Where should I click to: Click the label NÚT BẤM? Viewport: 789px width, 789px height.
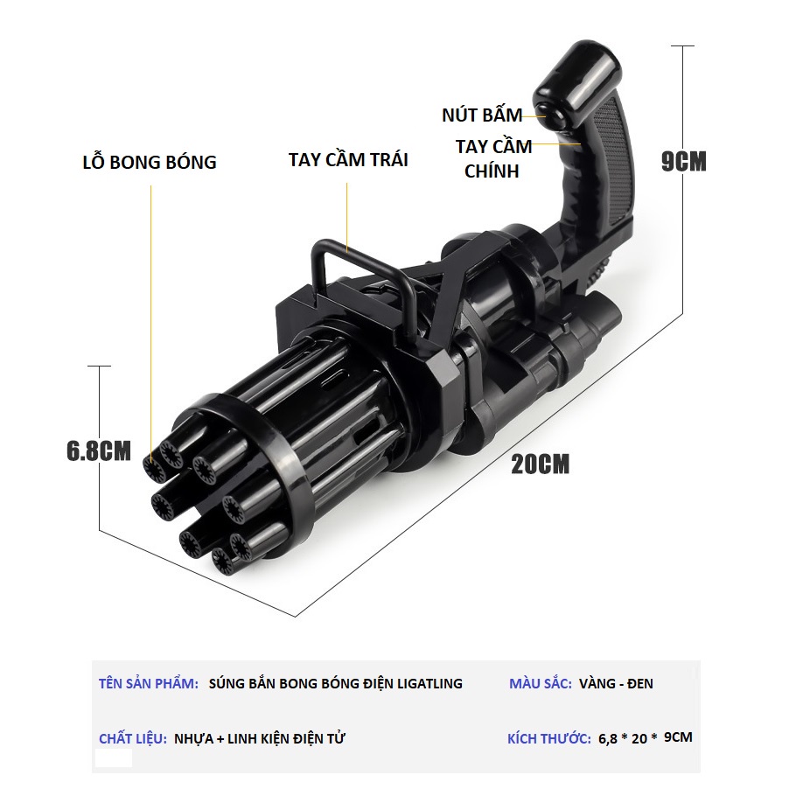(x=482, y=115)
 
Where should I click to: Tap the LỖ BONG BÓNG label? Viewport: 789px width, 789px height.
(x=150, y=162)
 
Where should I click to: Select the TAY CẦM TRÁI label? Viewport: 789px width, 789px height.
(x=348, y=159)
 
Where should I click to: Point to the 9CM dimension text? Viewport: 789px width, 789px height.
(x=684, y=161)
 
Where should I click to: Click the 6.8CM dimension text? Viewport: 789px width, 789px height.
(x=99, y=450)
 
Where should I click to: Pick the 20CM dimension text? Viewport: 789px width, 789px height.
(x=540, y=464)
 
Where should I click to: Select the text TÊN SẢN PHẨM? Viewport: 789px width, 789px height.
(x=149, y=683)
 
